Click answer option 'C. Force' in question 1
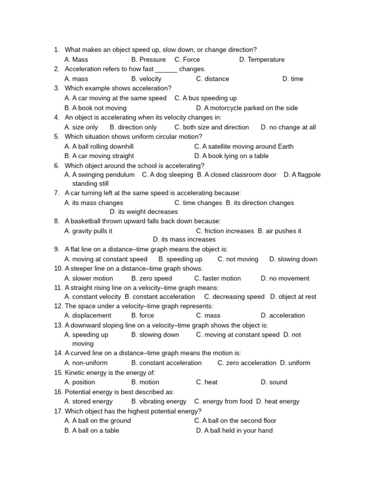point(187,60)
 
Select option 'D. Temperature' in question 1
point(261,60)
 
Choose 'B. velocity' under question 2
point(146,79)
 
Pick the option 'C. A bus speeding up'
point(205,98)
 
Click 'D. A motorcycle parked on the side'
point(247,108)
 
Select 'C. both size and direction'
point(212,127)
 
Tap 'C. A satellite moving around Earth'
point(244,147)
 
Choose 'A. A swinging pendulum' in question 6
point(99,175)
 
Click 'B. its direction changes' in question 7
point(260,203)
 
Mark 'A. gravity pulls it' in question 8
point(88,231)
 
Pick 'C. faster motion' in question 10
point(217,278)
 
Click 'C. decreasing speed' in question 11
point(234,297)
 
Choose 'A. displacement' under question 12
point(88,315)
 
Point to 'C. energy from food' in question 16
point(223,402)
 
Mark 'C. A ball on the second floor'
point(235,421)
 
